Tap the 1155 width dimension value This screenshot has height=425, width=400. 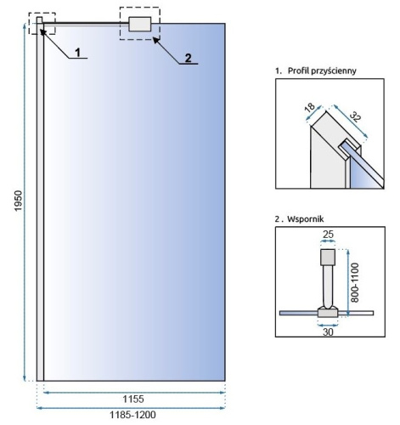pos(131,398)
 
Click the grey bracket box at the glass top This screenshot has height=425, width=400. pos(139,25)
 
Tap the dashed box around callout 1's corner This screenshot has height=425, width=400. pos(42,23)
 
